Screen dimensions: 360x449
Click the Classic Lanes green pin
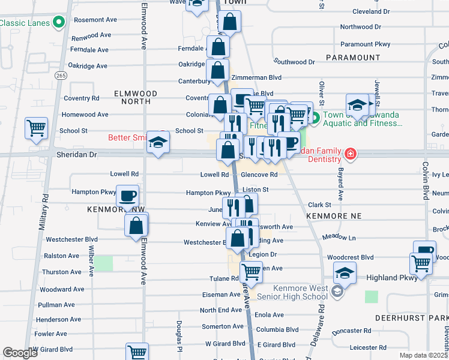pyautogui.click(x=59, y=23)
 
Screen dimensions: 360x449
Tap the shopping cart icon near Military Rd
pyautogui.click(x=36, y=128)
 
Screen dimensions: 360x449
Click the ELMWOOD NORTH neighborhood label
pyautogui.click(x=136, y=98)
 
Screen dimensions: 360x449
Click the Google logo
pyautogui.click(x=20, y=353)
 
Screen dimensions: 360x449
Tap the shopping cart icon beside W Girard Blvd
pyautogui.click(x=137, y=353)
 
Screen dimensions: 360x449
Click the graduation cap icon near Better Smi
pyautogui.click(x=158, y=142)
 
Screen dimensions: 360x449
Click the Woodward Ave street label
pyautogui.click(x=61, y=289)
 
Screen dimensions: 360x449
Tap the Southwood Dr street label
pyautogui.click(x=294, y=62)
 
